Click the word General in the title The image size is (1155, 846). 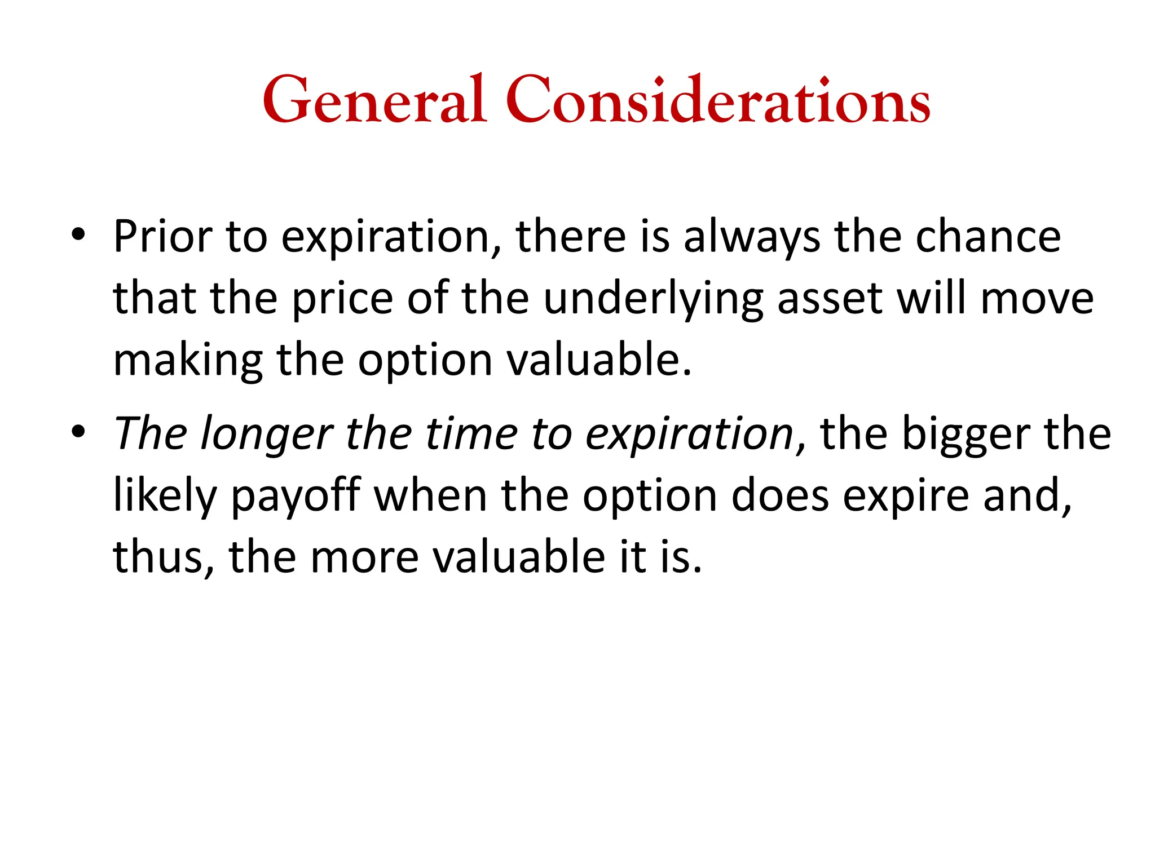(374, 100)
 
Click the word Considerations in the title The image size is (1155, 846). (717, 100)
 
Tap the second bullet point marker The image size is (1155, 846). (78, 431)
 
